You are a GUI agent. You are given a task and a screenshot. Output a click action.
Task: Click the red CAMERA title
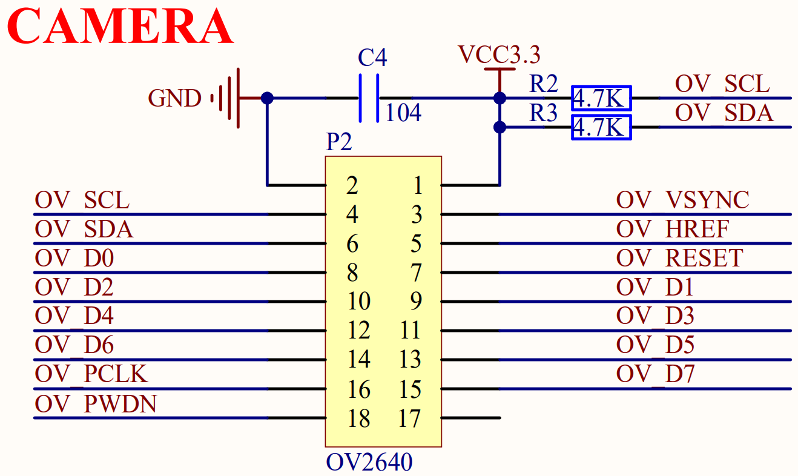point(120,27)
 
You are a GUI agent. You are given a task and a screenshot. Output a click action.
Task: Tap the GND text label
point(174,98)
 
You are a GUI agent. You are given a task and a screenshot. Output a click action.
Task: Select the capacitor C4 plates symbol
point(369,98)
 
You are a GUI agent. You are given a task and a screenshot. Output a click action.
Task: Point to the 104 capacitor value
point(403,113)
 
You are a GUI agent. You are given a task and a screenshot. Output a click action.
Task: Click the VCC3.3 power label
point(499,55)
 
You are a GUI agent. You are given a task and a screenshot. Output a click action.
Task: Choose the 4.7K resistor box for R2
point(601,98)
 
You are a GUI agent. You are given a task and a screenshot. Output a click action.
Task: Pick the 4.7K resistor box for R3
point(601,127)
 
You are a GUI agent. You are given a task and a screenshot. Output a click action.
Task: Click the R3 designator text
point(543,113)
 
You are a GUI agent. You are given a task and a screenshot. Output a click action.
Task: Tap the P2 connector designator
point(338,143)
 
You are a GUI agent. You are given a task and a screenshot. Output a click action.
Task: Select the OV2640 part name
point(369,463)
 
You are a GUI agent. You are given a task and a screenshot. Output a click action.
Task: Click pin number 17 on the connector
point(410,418)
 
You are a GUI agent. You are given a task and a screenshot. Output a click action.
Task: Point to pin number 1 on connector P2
point(417,185)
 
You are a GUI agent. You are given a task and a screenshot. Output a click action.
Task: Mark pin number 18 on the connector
point(358,418)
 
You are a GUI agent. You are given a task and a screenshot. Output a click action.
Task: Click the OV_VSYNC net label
point(682,200)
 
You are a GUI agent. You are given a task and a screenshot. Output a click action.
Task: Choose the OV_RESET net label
point(679,259)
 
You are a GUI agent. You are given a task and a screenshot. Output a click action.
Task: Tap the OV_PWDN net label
point(96,404)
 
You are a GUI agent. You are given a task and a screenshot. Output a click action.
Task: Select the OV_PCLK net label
point(91,374)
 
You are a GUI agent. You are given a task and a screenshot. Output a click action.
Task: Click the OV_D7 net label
point(655,374)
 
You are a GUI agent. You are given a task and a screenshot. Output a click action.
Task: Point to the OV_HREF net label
point(672,230)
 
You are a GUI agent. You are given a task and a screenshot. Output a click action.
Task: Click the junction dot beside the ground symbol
point(266,98)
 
